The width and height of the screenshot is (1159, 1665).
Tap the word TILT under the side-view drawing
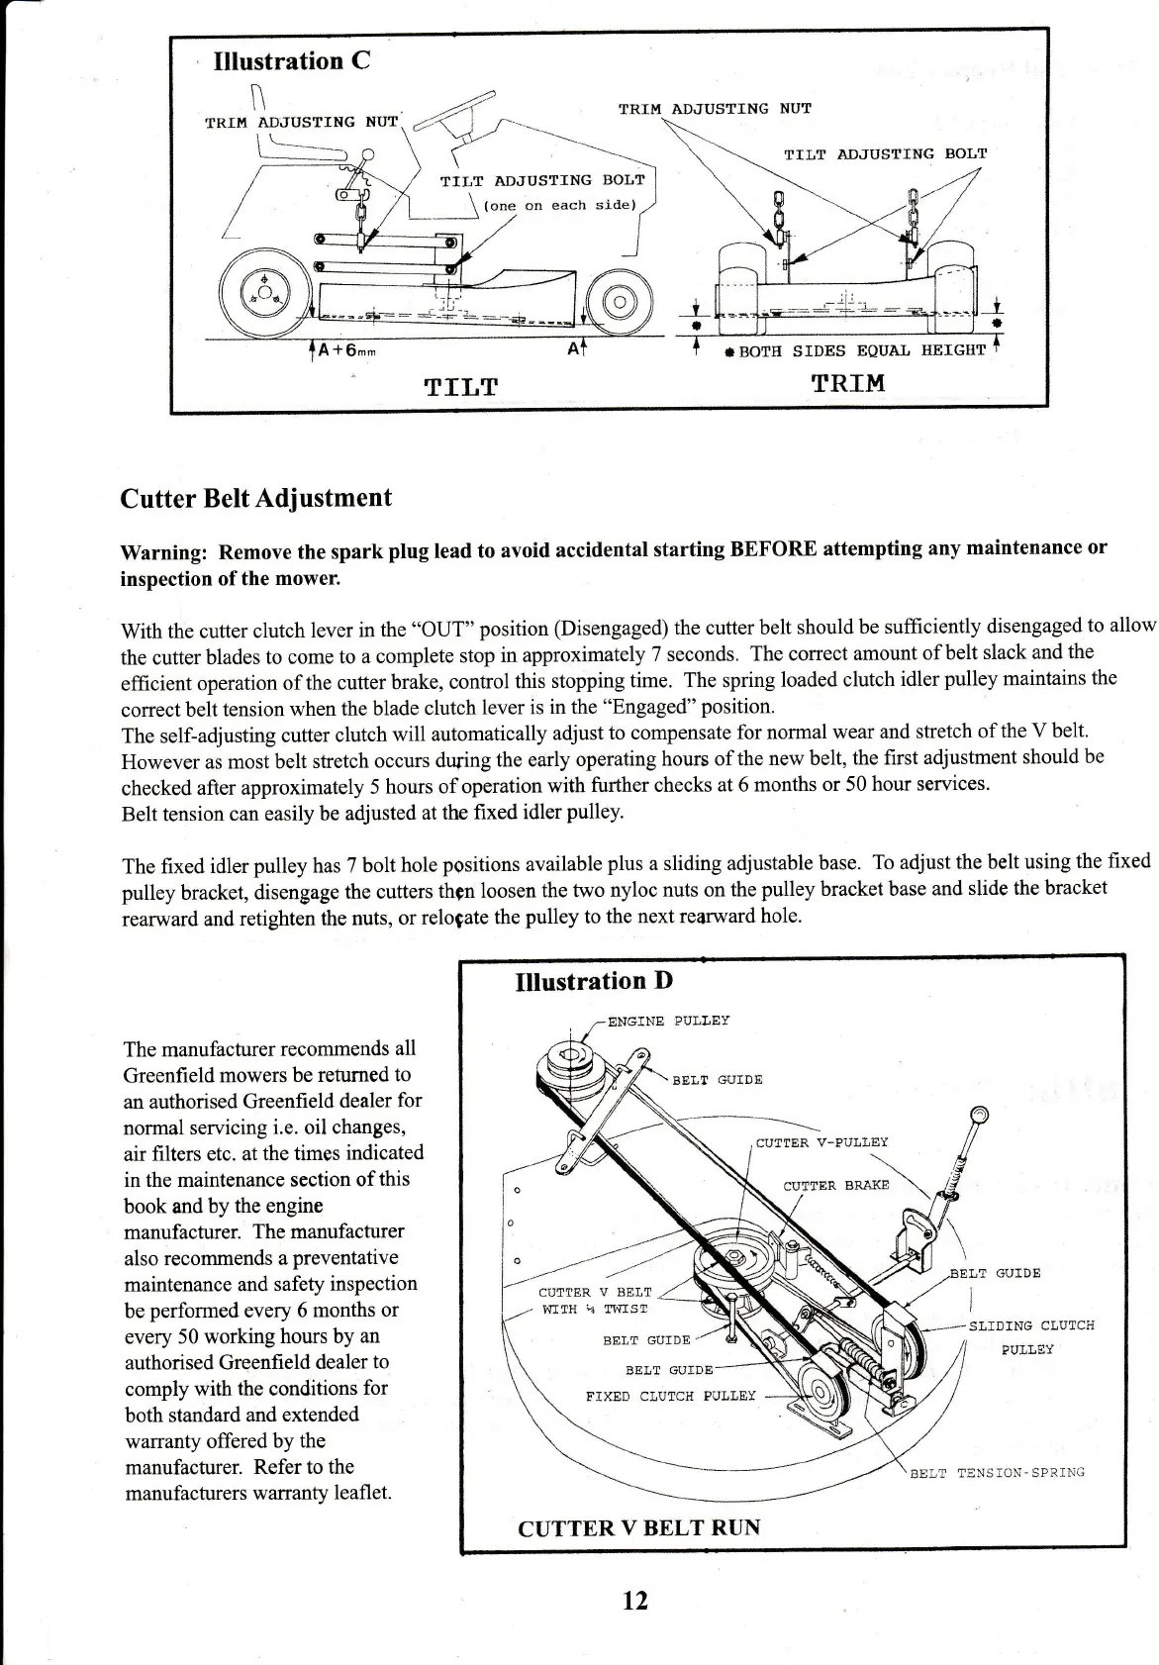point(460,386)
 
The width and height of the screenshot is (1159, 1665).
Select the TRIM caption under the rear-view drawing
point(847,383)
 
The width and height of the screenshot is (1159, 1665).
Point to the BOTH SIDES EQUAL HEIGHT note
point(861,350)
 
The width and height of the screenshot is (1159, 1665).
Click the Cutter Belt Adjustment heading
point(255,498)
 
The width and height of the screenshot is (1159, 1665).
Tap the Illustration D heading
point(594,981)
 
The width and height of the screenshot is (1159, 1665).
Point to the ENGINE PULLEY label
point(668,1021)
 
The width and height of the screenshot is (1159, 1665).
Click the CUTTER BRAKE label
point(835,1185)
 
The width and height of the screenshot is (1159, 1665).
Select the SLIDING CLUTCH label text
point(1031,1325)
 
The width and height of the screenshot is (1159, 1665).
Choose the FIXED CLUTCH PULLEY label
point(670,1396)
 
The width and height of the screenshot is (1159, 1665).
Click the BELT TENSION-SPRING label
point(997,1472)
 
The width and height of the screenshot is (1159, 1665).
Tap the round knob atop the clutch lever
point(979,1116)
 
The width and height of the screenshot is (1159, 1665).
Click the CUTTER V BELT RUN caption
point(638,1527)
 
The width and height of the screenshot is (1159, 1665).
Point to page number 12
point(634,1600)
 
